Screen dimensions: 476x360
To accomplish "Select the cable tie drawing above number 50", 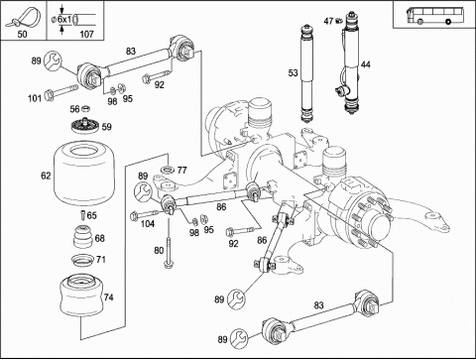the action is click(x=24, y=19).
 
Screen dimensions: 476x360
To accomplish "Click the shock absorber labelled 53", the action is click(x=307, y=73).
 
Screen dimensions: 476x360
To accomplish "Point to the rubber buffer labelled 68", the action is click(x=83, y=237).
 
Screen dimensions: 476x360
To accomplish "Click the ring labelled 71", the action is click(x=82, y=260).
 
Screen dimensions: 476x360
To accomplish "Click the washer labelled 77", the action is click(x=169, y=171).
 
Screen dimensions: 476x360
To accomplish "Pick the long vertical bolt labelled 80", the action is click(x=169, y=245).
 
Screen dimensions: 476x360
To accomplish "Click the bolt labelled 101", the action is click(x=60, y=92).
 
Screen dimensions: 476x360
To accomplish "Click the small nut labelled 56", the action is click(x=85, y=108).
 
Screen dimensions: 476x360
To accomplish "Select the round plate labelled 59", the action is click(x=85, y=126).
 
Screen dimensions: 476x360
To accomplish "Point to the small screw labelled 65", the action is click(x=83, y=215).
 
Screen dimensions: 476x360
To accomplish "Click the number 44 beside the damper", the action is click(x=365, y=64).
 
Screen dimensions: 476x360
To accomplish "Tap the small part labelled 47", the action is click(x=337, y=21).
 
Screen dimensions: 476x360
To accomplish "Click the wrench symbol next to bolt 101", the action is click(x=53, y=60).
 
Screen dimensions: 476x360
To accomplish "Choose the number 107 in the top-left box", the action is click(x=86, y=34).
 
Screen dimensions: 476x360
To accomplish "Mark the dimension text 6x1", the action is click(x=64, y=20).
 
